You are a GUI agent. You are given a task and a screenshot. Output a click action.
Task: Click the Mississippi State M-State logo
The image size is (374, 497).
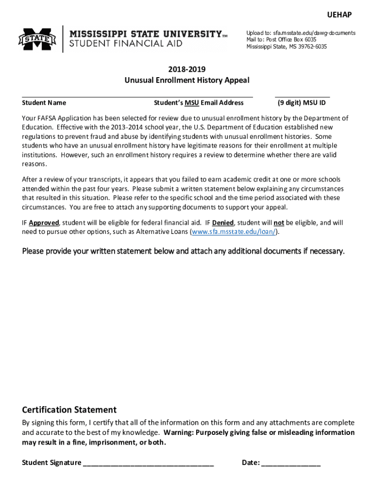(37, 39)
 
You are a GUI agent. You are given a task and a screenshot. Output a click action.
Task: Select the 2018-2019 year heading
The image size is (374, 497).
(187, 69)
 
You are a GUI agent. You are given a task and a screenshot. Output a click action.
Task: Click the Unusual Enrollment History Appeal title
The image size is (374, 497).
(187, 80)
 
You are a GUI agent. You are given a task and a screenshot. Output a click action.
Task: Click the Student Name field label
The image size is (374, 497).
(44, 103)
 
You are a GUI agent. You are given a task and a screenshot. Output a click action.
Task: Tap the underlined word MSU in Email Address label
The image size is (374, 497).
(192, 103)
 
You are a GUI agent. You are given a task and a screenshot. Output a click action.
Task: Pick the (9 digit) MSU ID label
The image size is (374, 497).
(302, 103)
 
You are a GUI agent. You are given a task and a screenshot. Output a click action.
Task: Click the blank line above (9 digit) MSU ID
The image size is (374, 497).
(302, 97)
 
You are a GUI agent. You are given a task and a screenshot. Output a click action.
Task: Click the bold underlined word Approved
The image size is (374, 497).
(44, 223)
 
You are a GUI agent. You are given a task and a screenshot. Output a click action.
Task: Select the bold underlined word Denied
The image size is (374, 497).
(223, 223)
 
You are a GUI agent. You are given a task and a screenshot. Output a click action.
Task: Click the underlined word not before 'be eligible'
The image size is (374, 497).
(279, 223)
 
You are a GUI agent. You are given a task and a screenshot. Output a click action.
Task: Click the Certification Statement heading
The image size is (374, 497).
(69, 410)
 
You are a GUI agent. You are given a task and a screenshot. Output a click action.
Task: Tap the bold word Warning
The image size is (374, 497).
(180, 432)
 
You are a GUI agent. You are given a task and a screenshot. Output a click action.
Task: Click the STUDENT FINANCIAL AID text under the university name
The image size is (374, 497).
(126, 44)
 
